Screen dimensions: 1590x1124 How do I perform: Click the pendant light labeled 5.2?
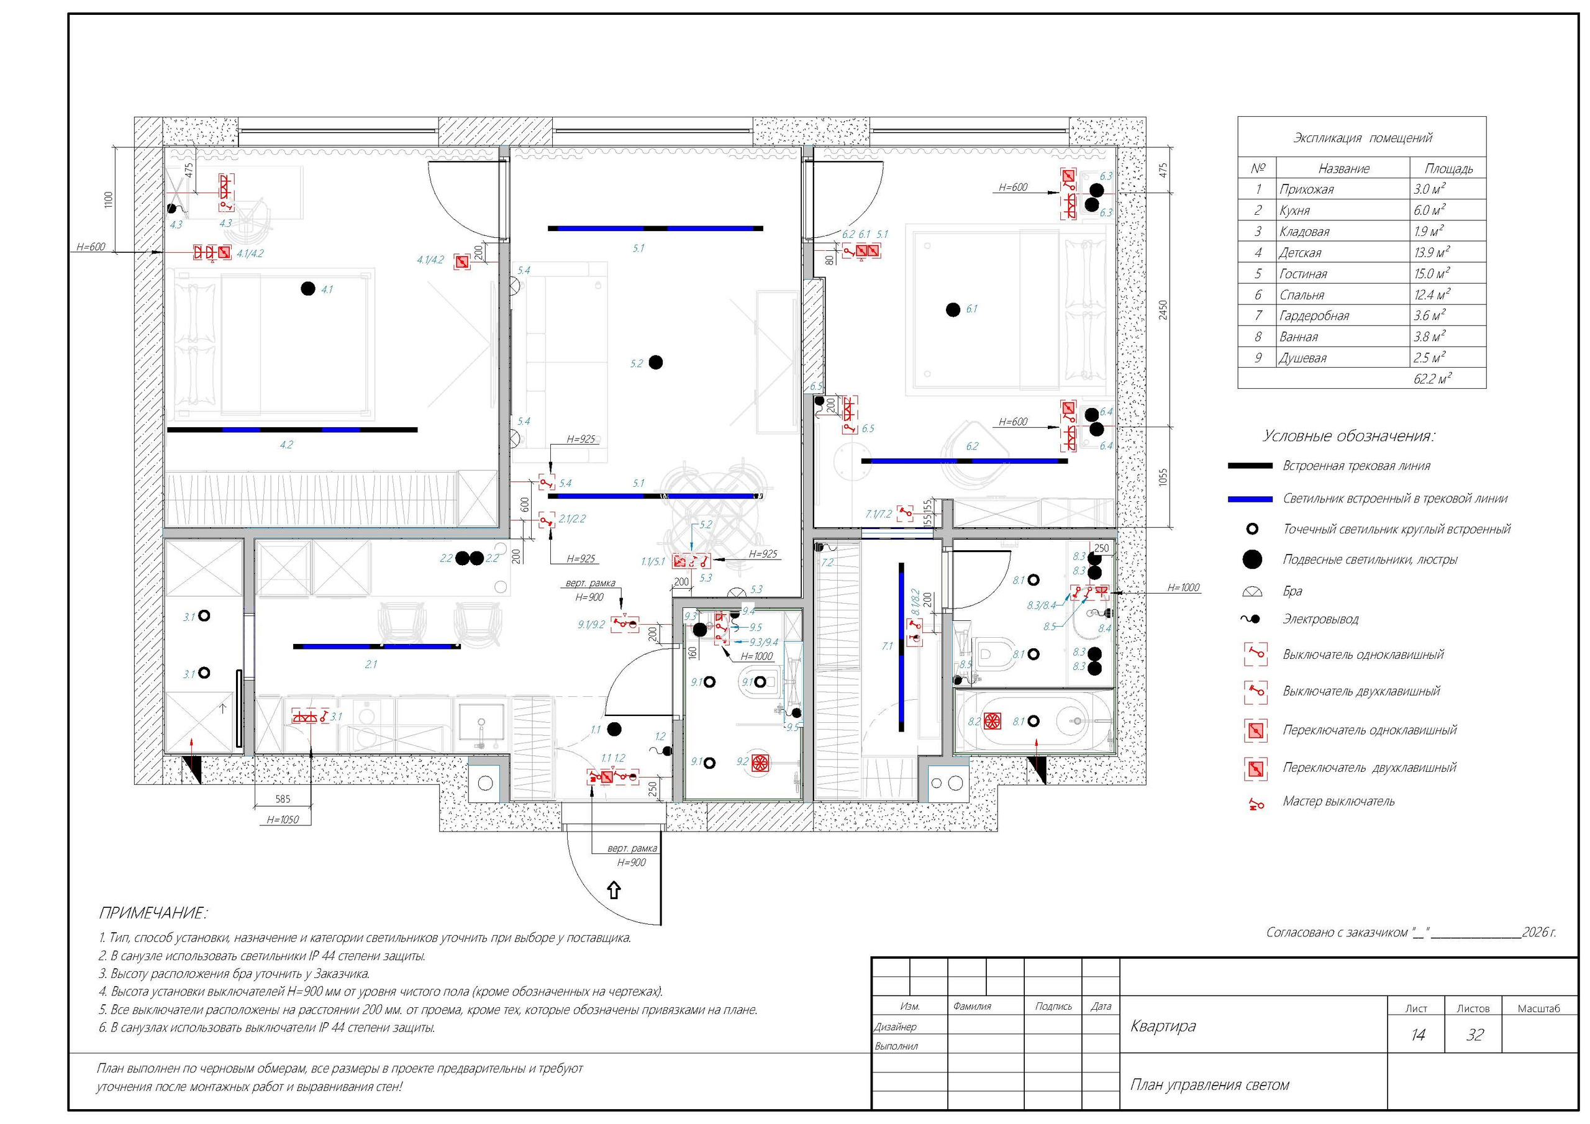tap(655, 362)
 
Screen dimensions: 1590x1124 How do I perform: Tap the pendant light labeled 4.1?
tap(308, 289)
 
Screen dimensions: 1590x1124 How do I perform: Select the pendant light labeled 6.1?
tap(953, 310)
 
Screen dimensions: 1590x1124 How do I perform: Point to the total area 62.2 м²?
tap(1432, 379)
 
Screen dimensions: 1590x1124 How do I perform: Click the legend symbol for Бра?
tap(1253, 591)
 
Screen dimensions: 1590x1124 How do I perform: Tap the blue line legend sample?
tap(1250, 499)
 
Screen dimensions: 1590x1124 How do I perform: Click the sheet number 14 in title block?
tap(1417, 1035)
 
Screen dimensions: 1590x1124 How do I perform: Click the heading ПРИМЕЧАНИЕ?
tap(153, 913)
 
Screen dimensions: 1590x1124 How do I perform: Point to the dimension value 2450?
tap(1163, 310)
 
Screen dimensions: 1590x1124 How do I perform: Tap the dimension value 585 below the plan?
tap(283, 799)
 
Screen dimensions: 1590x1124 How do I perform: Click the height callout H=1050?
tap(283, 820)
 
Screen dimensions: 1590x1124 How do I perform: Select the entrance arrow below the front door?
tap(614, 890)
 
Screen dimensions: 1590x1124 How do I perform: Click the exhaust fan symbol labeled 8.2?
tap(993, 721)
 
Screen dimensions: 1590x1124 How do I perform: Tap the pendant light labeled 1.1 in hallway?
tap(614, 728)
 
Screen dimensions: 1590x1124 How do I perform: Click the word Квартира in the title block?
tap(1163, 1026)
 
